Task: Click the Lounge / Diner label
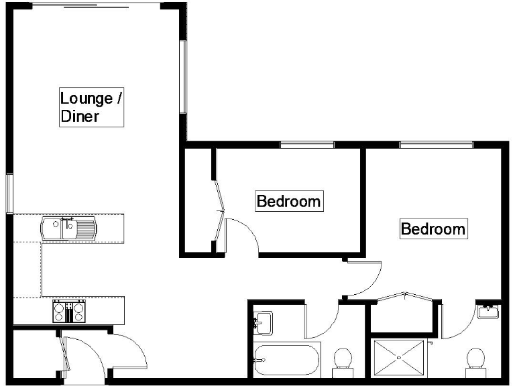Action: [x=91, y=107]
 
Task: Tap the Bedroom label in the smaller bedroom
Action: [x=290, y=200]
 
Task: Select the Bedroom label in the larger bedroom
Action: [x=433, y=229]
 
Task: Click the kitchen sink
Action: [x=68, y=229]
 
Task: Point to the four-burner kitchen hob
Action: [x=69, y=312]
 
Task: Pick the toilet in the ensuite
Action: [x=476, y=361]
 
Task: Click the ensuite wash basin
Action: [x=488, y=311]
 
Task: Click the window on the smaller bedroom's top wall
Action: [x=306, y=145]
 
